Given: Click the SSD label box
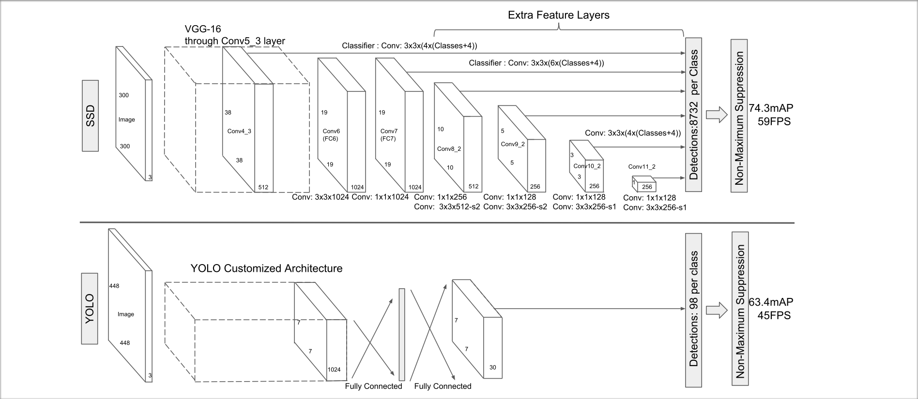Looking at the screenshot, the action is tap(90, 116).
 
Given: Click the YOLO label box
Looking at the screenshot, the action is tap(90, 309).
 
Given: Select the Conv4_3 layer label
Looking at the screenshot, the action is tap(239, 131).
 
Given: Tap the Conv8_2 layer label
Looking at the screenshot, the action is tap(449, 148).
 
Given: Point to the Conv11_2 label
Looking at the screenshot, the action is tap(642, 167).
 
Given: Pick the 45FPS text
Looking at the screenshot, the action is tap(774, 315).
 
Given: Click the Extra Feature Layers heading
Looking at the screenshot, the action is tap(558, 15).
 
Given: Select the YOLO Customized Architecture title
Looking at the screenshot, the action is tap(266, 268).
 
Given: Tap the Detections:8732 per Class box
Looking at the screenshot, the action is tap(694, 115).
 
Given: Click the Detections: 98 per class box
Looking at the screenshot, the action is tap(693, 310).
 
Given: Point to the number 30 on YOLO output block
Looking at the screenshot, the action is tap(492, 367).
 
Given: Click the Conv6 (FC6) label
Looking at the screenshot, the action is tap(331, 135).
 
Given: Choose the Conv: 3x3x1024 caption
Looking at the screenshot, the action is tap(320, 197).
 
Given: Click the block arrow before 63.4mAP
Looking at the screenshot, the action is tap(717, 310).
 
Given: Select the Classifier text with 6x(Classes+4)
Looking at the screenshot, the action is tap(536, 63).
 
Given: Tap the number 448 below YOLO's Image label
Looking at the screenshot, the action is tap(125, 343).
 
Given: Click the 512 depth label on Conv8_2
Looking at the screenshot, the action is tap(473, 186).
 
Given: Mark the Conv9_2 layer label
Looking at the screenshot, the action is tap(513, 144).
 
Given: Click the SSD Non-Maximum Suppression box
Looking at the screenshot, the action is tap(739, 116).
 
